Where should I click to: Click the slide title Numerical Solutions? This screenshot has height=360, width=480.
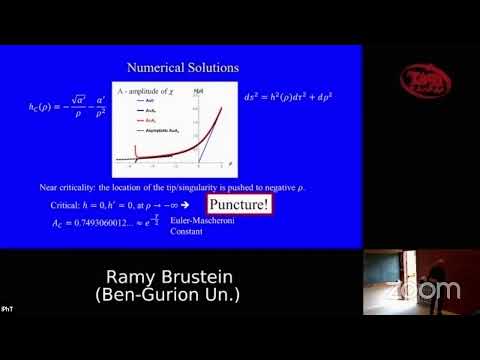point(182,68)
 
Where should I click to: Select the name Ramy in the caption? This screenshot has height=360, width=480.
point(133,276)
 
